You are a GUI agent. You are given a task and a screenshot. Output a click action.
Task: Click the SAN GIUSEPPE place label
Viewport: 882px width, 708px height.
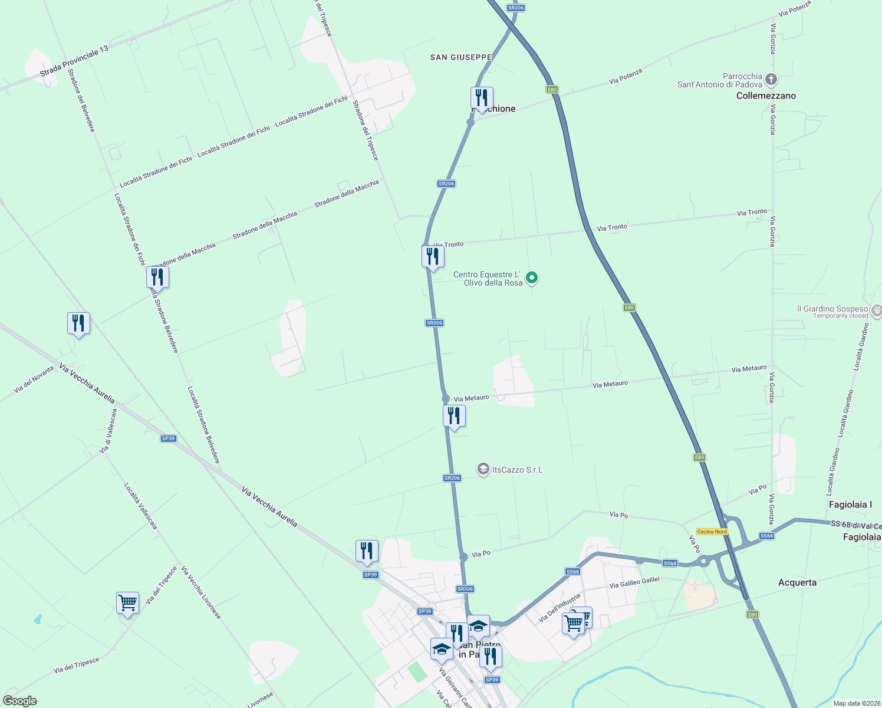click(460, 57)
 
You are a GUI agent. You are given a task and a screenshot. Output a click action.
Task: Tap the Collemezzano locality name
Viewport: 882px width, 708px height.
click(766, 96)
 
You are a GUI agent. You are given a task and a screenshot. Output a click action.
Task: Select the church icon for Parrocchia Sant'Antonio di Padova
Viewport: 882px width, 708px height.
click(771, 79)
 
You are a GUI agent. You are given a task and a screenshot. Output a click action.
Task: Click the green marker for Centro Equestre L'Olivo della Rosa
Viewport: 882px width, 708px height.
click(532, 277)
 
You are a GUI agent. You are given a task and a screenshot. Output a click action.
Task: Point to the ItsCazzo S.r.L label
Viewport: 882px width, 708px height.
click(517, 470)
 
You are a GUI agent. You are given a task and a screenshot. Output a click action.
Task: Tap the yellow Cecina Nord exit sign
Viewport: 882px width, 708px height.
click(712, 532)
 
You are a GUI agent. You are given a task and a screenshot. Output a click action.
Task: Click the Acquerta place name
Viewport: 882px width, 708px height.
click(797, 582)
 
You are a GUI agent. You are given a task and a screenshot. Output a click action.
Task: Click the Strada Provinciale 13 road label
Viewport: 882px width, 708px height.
click(74, 61)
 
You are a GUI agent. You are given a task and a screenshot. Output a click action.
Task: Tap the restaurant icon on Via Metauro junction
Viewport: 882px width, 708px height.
click(454, 416)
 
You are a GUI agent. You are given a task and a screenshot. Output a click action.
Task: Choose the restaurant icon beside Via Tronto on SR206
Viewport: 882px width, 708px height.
click(433, 257)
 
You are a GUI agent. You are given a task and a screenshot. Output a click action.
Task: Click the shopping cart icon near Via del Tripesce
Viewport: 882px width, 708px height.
click(127, 603)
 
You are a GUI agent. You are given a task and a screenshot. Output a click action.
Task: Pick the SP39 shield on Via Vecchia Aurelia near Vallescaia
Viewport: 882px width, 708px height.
click(169, 438)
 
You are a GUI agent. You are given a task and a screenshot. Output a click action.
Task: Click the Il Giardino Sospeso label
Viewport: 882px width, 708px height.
click(832, 309)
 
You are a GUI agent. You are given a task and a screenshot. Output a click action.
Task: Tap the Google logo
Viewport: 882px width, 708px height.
click(20, 701)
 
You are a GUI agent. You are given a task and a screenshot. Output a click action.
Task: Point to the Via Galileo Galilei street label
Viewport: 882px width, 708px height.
click(634, 582)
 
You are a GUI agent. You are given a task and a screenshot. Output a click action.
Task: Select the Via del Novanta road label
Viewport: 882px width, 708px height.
click(34, 379)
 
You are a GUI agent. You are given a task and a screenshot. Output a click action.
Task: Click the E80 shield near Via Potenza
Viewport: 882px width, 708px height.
click(551, 90)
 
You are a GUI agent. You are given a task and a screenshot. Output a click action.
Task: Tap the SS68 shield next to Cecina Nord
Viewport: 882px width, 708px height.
click(766, 536)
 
